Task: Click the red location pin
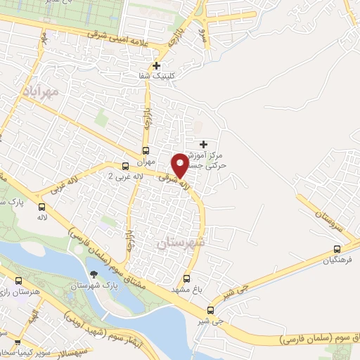point(179,165)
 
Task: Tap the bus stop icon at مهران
point(146,150)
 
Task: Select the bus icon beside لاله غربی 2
point(125,167)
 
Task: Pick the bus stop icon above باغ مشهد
point(186,278)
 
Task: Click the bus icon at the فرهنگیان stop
point(337,249)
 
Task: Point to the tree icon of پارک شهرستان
point(93,275)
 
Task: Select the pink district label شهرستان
point(181,242)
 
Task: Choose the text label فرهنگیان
point(335,261)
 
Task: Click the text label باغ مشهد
point(186,290)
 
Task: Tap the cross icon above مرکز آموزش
point(203,144)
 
